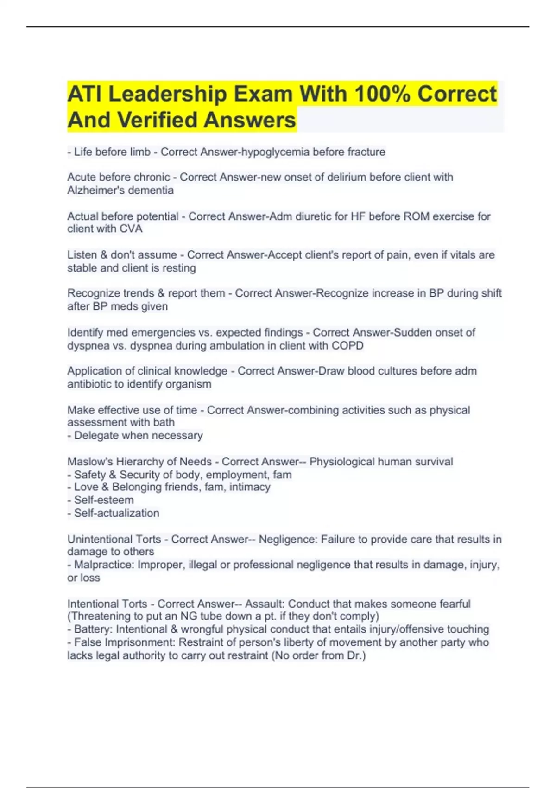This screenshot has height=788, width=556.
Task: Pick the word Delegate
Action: click(x=96, y=436)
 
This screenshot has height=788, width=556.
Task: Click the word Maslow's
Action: click(x=90, y=462)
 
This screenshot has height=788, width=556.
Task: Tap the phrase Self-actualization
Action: click(x=116, y=513)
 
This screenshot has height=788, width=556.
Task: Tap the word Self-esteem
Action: click(x=104, y=500)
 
